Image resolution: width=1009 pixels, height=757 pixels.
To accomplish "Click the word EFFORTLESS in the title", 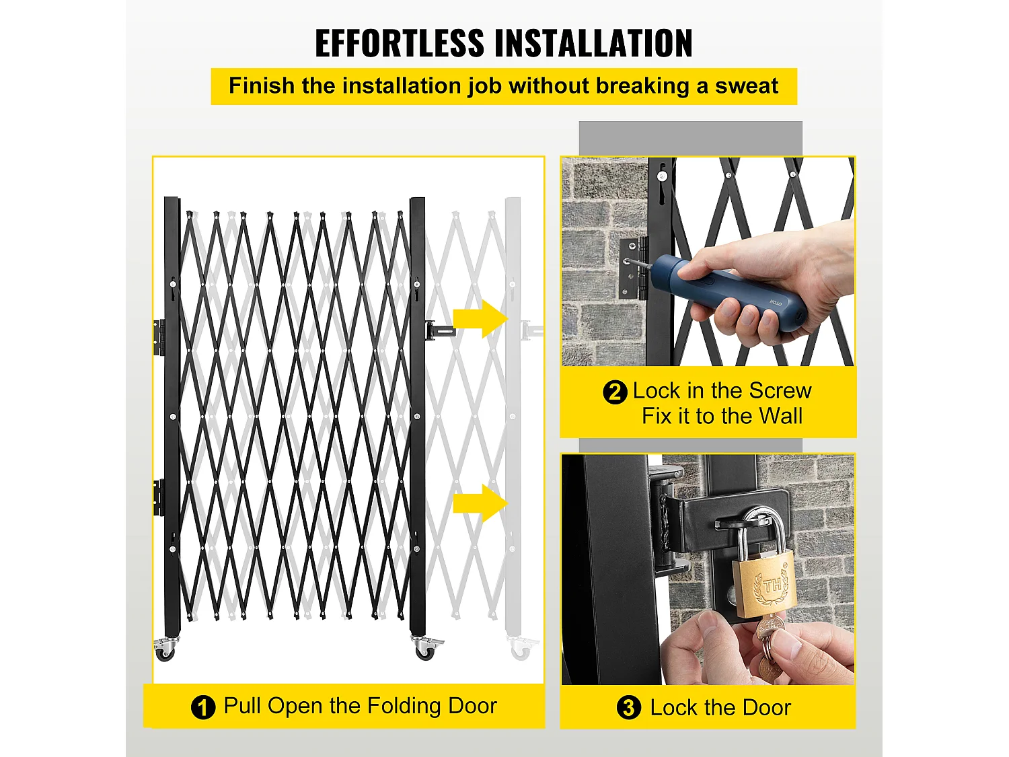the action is click(399, 43).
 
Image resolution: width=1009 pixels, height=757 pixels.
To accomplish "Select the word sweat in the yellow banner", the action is click(747, 86).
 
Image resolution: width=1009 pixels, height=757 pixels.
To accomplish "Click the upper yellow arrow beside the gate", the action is click(480, 318).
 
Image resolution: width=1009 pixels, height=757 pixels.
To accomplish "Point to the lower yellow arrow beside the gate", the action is click(480, 503).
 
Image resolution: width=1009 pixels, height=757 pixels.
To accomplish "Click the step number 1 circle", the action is click(202, 707).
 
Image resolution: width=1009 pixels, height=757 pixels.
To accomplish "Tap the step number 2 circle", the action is click(615, 392).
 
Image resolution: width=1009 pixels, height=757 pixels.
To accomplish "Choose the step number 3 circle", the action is click(628, 707).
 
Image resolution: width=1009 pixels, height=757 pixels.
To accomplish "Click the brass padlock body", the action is click(763, 584).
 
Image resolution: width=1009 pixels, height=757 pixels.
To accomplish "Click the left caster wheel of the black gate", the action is click(165, 649).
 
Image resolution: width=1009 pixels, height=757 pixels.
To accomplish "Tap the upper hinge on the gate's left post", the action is click(159, 338).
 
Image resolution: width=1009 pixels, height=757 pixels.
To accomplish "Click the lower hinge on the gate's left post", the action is click(159, 498).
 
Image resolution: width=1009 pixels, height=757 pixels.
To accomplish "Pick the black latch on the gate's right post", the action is click(439, 330).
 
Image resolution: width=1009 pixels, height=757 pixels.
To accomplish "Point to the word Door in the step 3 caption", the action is click(767, 708).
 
